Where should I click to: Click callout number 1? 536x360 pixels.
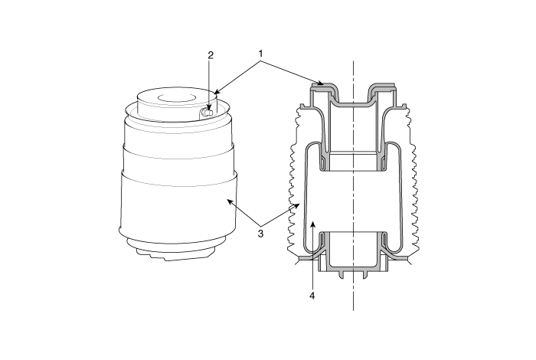click(x=260, y=54)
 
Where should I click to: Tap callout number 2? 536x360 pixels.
click(x=211, y=55)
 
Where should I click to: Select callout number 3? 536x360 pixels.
click(x=260, y=234)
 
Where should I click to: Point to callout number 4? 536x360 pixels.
click(x=312, y=296)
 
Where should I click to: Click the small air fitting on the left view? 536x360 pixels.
click(x=206, y=113)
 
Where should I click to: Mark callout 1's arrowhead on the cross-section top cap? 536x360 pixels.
click(x=320, y=83)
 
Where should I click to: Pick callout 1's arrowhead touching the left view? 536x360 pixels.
click(x=217, y=92)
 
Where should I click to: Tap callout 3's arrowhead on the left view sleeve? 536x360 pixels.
click(x=230, y=202)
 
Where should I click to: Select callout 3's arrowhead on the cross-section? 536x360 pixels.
click(x=297, y=205)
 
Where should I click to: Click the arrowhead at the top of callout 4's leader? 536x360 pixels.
click(x=312, y=224)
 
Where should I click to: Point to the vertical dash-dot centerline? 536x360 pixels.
click(x=353, y=185)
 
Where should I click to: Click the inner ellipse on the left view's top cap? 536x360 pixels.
click(x=177, y=97)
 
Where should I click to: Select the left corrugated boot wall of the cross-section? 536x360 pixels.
click(x=294, y=182)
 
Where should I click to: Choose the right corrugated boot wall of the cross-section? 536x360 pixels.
click(x=412, y=182)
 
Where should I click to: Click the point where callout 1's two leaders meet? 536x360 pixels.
click(x=261, y=61)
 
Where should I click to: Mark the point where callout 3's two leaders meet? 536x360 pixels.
click(x=261, y=226)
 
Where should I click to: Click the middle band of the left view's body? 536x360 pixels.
click(x=178, y=161)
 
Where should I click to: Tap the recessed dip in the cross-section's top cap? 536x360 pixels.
click(x=353, y=102)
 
